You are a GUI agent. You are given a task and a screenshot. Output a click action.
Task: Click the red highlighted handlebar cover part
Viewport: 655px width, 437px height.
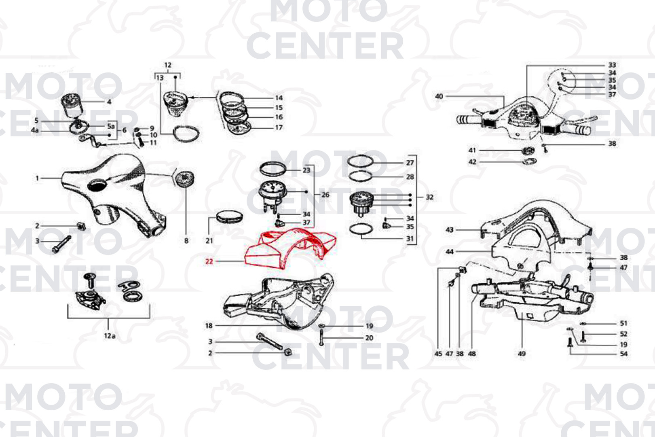[289, 249]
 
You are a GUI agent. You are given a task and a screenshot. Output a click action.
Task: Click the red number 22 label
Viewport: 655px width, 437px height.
[209, 261]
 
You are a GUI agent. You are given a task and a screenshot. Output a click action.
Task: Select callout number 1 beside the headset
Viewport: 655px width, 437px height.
[37, 178]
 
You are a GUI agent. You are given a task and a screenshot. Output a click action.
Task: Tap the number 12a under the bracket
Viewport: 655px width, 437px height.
[110, 336]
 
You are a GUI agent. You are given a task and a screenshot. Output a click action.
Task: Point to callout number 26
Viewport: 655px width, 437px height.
[325, 195]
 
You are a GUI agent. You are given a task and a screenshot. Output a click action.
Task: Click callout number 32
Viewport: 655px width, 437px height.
[429, 197]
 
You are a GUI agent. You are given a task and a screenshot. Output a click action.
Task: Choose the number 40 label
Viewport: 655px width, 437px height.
[439, 96]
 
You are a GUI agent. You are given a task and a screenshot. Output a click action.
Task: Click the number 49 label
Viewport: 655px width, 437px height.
[522, 354]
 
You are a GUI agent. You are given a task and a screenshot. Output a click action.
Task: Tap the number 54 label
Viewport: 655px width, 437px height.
[624, 354]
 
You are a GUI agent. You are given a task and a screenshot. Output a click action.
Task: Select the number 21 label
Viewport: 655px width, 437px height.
[209, 241]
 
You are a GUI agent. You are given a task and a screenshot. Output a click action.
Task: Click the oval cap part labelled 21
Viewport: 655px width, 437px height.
[229, 216]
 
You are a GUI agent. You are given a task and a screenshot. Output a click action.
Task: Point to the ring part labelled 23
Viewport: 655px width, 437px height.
[273, 169]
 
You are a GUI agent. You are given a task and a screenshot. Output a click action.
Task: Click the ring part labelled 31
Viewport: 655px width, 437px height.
[361, 229]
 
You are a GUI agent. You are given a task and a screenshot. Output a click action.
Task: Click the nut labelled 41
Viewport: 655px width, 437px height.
[528, 151]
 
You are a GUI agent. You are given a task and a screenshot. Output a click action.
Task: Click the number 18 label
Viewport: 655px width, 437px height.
[209, 325]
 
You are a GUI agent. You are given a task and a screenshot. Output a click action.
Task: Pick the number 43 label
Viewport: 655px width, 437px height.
[450, 230]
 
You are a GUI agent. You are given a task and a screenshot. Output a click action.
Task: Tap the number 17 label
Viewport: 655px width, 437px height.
[279, 127]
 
